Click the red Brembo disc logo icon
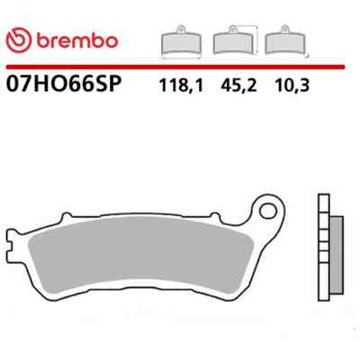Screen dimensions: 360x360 [19, 40]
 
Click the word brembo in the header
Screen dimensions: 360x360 [77, 40]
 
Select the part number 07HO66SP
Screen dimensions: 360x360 [64, 84]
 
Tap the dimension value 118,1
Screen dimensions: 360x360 [181, 85]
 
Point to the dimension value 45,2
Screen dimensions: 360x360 [238, 85]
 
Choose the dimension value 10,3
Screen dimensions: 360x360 [292, 85]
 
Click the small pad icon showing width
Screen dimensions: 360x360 [181, 41]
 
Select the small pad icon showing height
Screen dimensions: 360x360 [233, 40]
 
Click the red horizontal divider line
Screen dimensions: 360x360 [175, 67]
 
